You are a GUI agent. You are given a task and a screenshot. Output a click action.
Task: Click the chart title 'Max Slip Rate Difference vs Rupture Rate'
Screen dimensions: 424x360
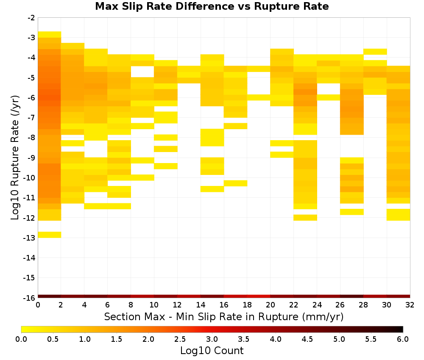[x=212, y=6]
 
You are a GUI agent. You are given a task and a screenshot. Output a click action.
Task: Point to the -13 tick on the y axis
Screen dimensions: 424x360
[x=29, y=238]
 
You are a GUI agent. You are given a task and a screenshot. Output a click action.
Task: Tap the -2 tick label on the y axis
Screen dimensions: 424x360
[x=31, y=18]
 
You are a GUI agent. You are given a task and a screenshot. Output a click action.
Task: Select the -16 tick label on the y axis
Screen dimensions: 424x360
[x=29, y=298]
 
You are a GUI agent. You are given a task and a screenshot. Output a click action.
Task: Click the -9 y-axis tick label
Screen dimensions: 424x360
[x=31, y=158]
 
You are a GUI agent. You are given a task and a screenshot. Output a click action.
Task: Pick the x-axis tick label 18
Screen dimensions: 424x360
[x=247, y=305]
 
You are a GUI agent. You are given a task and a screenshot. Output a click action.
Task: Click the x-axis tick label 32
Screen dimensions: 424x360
[x=410, y=305]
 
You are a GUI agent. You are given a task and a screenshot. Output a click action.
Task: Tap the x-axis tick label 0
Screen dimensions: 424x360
[x=38, y=305]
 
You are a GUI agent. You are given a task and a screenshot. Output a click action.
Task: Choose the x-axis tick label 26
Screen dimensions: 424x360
[x=340, y=305]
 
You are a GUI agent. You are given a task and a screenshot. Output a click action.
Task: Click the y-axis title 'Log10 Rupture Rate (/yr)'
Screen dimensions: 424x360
[x=15, y=158]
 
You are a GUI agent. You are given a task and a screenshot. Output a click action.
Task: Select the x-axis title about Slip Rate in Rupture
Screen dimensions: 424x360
[x=224, y=316]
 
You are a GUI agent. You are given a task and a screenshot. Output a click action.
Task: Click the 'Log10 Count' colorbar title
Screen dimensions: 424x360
[x=212, y=351]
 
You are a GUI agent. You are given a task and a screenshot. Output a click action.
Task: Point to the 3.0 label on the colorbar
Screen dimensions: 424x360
[x=212, y=339]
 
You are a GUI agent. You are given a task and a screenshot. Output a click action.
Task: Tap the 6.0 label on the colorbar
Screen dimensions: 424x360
[x=403, y=339]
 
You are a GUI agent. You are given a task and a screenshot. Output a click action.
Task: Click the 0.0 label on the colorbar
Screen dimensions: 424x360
[x=21, y=339]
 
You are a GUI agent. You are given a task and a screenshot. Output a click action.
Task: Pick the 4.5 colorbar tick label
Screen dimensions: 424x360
[x=307, y=339]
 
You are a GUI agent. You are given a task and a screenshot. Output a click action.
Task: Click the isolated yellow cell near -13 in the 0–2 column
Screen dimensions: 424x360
[x=50, y=235]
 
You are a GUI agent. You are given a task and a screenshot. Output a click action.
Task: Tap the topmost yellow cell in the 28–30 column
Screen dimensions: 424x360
[x=375, y=52]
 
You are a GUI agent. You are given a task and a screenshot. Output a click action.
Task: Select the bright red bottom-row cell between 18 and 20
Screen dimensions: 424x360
[x=259, y=296]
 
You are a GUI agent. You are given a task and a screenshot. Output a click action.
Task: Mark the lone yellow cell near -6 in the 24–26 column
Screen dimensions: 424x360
[x=329, y=97]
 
